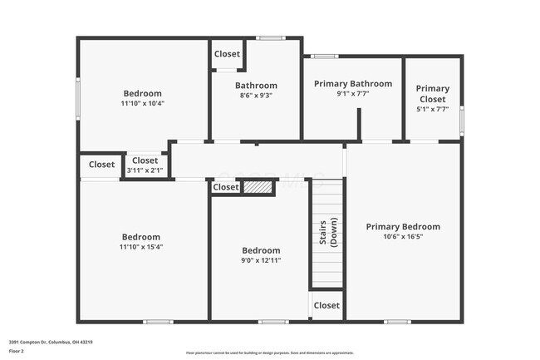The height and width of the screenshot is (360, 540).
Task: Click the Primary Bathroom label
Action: (353, 84)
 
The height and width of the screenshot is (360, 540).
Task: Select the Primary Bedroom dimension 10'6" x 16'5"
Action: (403, 237)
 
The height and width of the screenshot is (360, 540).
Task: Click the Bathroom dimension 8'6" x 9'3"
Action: (255, 96)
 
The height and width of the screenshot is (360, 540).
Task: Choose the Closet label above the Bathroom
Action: (227, 54)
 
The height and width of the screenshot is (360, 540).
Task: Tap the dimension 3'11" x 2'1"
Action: (145, 170)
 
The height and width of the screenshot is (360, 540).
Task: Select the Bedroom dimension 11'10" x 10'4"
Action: (142, 104)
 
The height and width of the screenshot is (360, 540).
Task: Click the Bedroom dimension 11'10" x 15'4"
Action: (142, 247)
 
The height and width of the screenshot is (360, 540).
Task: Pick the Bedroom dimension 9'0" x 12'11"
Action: (261, 261)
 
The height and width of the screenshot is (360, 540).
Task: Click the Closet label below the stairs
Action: (327, 305)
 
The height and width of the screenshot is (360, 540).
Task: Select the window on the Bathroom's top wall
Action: (268, 38)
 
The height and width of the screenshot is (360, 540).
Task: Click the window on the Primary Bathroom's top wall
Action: (324, 57)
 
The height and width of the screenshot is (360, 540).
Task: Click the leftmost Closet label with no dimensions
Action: (101, 165)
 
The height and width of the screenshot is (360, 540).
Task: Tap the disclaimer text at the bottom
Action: (269, 353)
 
